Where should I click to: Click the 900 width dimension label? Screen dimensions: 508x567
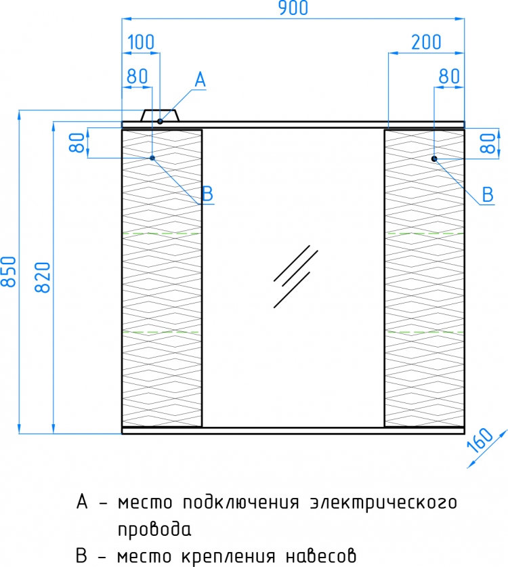[x=293, y=8]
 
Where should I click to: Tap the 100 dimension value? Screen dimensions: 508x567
[x=141, y=42]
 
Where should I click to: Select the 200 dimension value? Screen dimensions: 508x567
[x=426, y=42]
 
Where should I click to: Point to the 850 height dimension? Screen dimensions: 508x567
[x=9, y=272]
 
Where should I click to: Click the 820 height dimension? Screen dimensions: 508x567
[x=43, y=277]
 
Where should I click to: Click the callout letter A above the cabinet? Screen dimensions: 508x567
[x=200, y=79]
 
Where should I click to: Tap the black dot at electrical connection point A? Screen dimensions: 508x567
[x=160, y=121]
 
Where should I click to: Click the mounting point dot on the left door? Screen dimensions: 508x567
[x=152, y=158]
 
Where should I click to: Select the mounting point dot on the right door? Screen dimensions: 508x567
[x=434, y=159]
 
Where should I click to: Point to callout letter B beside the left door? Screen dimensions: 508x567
[x=207, y=194]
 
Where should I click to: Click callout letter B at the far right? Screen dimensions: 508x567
[x=488, y=195]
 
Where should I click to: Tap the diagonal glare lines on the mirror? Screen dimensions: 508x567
[x=295, y=276]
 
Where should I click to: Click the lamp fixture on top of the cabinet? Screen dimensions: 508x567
[x=160, y=116]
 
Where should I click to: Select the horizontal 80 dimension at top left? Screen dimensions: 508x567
[x=137, y=77]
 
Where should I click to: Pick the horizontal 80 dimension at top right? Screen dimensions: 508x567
[x=449, y=77]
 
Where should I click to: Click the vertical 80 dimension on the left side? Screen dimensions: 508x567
[x=77, y=142]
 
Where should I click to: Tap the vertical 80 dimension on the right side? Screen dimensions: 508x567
[x=488, y=143]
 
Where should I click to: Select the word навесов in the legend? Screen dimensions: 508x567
[x=321, y=555]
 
